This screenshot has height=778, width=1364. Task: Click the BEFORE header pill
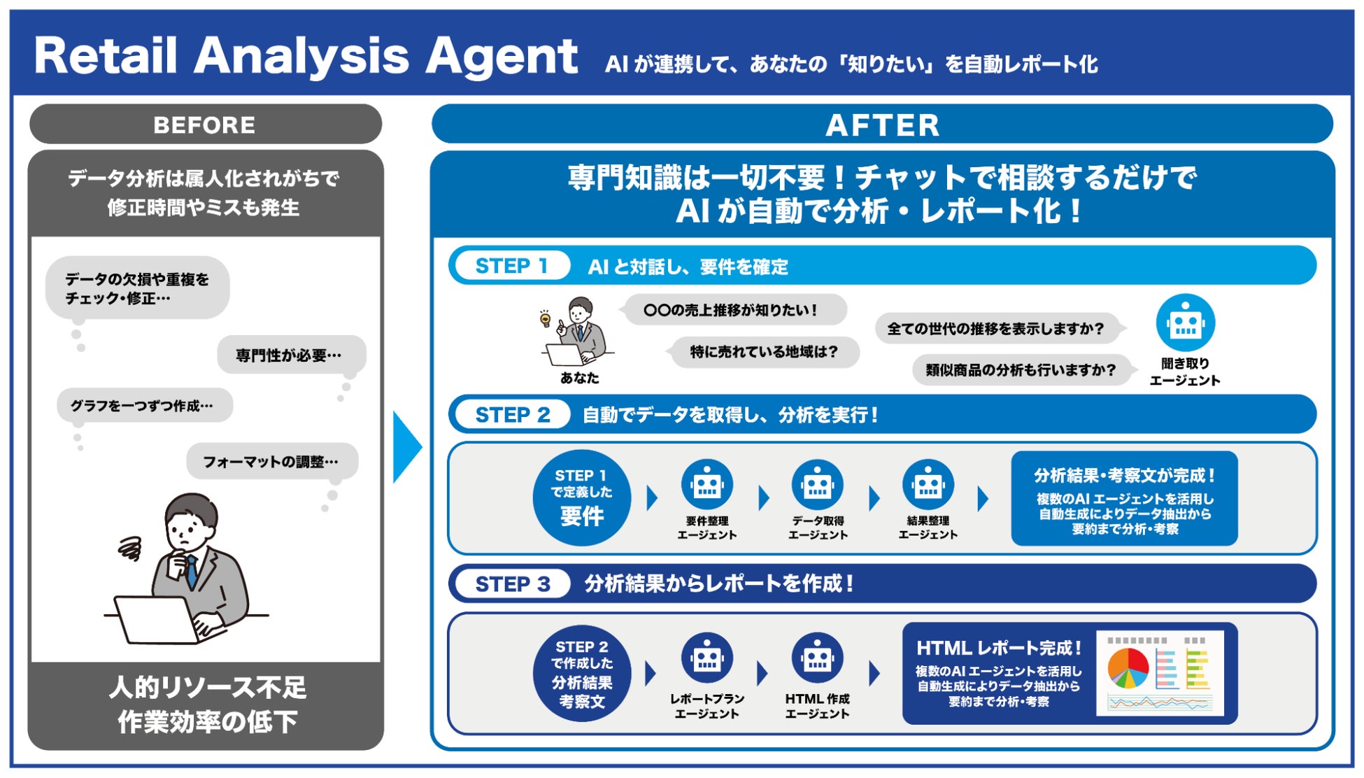205,125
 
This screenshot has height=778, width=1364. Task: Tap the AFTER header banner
882,125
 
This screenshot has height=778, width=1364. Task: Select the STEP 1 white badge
511,266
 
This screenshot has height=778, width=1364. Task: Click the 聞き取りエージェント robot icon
1185,323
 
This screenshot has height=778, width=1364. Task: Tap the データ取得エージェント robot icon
817,485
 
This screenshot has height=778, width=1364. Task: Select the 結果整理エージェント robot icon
928,485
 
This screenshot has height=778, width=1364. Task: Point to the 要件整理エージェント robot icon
706,485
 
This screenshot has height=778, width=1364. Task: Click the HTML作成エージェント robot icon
817,658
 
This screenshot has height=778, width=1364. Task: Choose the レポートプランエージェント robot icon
706,658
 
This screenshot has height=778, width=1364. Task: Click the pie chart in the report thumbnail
1128,667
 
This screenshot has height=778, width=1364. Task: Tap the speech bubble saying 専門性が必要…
290,355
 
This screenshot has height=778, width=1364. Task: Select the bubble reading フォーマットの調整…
271,461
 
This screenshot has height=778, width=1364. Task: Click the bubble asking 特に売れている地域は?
764,351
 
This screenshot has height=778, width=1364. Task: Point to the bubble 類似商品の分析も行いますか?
1021,369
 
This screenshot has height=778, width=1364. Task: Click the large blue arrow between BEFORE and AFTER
406,447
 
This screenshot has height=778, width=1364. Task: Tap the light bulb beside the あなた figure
545,320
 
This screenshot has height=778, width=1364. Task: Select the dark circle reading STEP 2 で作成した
582,674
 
